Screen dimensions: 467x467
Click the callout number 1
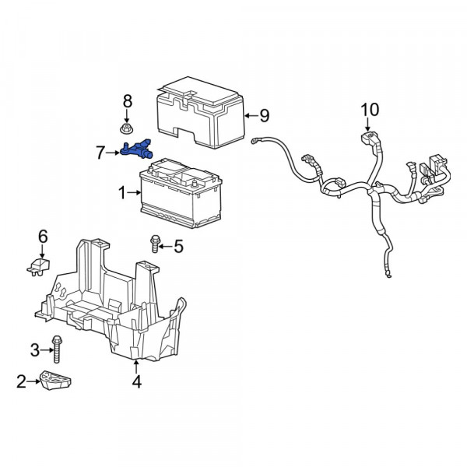[122, 192]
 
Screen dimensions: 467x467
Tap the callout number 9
[264, 115]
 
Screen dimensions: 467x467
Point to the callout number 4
[136, 381]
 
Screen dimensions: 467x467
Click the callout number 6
[43, 237]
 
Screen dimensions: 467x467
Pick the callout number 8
[127, 101]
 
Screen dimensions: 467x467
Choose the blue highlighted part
[136, 149]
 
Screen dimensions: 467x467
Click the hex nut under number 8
[126, 129]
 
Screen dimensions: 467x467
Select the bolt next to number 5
[155, 244]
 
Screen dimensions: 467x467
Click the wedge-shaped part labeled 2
[56, 380]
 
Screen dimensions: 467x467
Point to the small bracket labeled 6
[38, 266]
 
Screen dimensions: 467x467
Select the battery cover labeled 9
[201, 113]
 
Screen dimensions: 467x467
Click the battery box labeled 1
[181, 194]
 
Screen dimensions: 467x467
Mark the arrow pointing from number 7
[113, 153]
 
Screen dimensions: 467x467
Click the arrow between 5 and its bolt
[166, 247]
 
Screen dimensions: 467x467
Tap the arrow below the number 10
[367, 125]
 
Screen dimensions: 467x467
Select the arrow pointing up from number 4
[136, 367]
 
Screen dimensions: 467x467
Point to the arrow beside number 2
[33, 381]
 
